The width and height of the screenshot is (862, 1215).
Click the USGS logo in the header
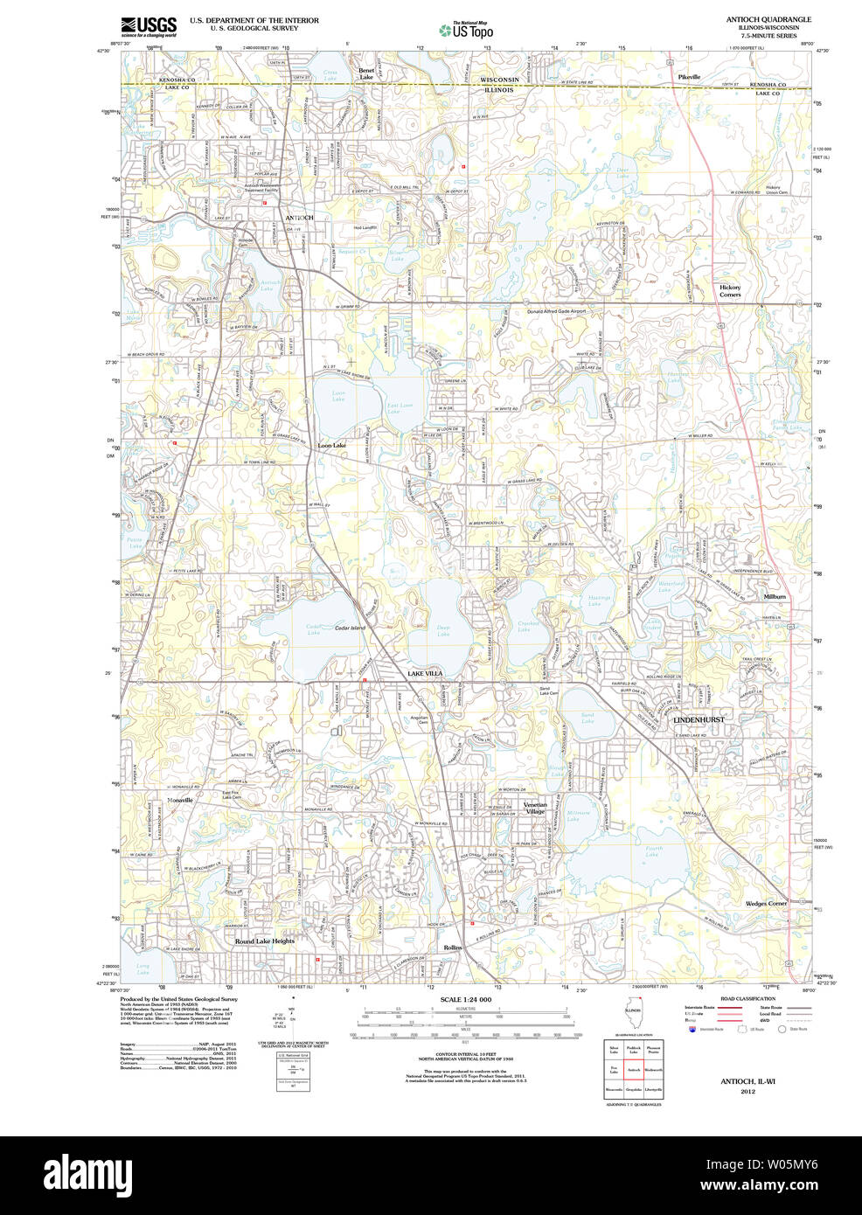pos(148,25)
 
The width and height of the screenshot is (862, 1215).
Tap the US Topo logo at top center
pos(466,30)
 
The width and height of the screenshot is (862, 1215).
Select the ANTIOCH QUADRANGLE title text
pos(768,19)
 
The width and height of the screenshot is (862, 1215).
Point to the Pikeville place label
pos(689,77)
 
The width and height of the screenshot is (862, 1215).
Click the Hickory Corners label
pos(729,291)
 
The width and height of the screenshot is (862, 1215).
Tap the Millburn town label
pos(775,596)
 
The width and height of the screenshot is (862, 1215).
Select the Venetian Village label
pos(535,808)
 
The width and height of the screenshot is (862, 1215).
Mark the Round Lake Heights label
pos(264,941)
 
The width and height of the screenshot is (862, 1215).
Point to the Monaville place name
pos(180,799)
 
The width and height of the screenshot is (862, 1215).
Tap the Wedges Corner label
pos(766,903)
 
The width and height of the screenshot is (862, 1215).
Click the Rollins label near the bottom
pos(452,948)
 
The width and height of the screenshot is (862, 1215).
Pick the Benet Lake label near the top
pos(366,73)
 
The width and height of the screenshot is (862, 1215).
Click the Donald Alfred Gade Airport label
pos(556,311)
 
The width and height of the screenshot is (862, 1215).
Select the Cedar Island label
pos(350,628)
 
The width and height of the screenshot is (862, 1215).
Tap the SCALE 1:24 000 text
pos(465,999)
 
